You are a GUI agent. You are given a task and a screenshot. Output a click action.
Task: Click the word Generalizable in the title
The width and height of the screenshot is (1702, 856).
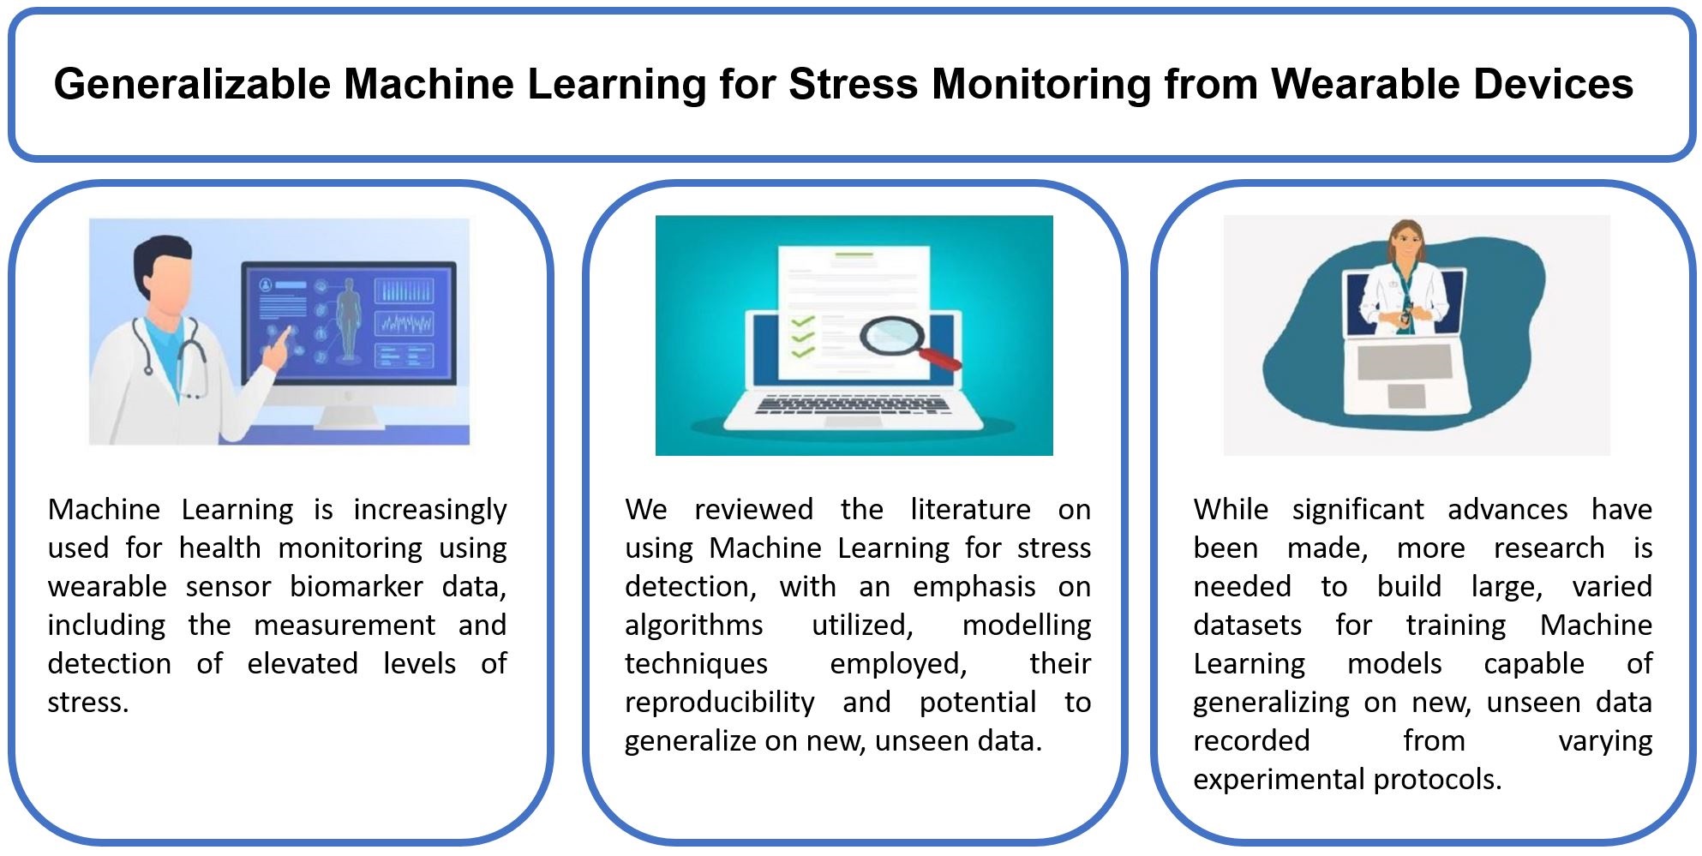click(x=192, y=84)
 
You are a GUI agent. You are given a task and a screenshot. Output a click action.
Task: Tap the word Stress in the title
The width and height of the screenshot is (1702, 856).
click(x=854, y=84)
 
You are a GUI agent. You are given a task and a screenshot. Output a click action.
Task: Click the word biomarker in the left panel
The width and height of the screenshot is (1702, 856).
click(x=357, y=586)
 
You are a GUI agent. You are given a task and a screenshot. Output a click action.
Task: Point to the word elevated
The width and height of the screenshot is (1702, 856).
click(x=303, y=663)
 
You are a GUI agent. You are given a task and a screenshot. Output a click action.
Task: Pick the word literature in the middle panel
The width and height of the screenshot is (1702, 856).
click(x=970, y=509)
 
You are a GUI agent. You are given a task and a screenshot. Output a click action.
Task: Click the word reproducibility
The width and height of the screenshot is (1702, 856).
click(x=720, y=703)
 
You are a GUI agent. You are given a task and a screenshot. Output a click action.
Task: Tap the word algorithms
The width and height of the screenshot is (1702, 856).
click(x=693, y=626)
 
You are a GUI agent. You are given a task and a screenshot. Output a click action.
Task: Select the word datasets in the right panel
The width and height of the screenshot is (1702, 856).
click(x=1247, y=625)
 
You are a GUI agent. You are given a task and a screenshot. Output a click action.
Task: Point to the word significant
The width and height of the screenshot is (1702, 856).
click(x=1357, y=511)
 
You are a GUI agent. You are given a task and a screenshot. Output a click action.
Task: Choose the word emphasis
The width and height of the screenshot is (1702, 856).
click(x=974, y=588)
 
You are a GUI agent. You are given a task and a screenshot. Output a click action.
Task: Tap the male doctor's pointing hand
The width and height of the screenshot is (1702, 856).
click(x=278, y=347)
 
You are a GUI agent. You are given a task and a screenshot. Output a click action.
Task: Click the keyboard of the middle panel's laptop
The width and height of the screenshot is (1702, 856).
click(x=853, y=404)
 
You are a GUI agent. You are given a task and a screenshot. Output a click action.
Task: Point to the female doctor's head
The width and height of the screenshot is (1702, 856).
click(x=1406, y=242)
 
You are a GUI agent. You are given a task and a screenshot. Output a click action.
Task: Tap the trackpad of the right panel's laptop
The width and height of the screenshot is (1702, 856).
click(x=1406, y=395)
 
